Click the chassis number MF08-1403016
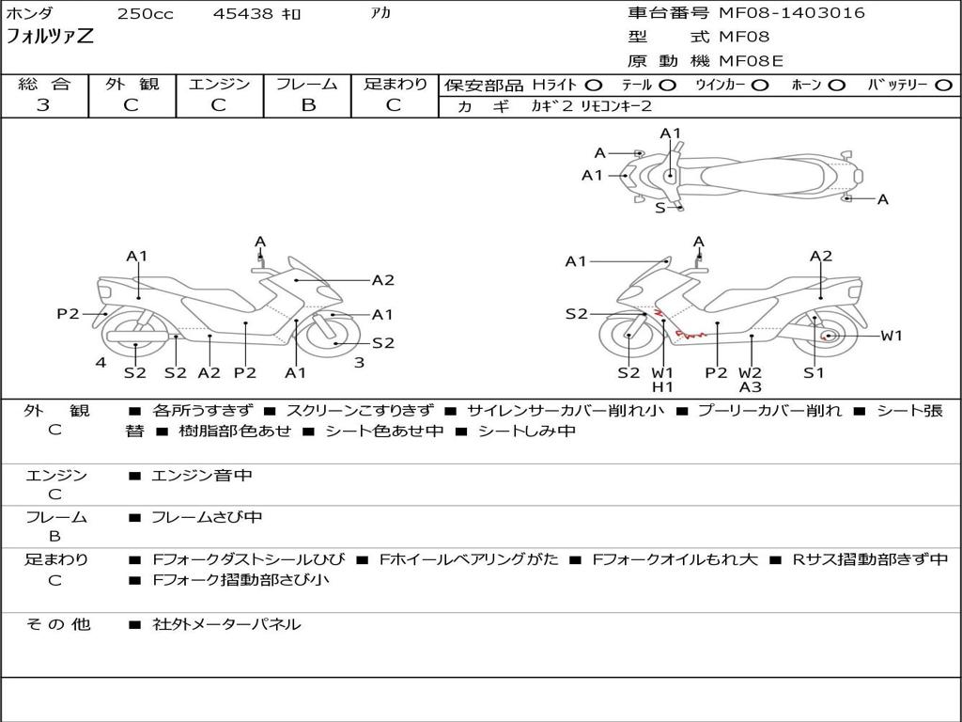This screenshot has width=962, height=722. point(791,13)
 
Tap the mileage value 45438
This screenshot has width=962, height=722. point(242,13)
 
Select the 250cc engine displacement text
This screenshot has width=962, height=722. point(146,13)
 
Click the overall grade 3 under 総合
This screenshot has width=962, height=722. point(43,104)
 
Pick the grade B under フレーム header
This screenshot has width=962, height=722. point(308,104)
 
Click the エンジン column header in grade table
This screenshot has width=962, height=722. point(219,84)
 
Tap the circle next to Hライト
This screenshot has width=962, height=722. point(593,86)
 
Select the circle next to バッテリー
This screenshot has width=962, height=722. point(943,86)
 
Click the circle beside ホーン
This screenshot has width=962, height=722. point(836,86)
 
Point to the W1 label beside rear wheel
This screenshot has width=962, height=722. point(891,336)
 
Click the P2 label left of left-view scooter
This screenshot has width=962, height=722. point(68,314)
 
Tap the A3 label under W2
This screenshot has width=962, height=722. point(750,386)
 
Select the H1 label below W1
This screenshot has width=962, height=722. point(662,386)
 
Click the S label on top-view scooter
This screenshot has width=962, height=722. point(660,208)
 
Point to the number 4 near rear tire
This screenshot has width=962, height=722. point(101,362)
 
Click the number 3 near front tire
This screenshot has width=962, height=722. point(360,362)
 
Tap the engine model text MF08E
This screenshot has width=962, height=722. point(751,61)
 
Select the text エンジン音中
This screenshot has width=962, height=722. point(202,475)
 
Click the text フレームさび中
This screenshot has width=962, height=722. point(207,518)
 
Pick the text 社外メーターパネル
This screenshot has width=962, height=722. point(226,624)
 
